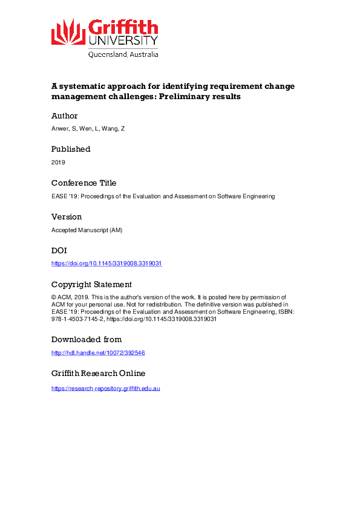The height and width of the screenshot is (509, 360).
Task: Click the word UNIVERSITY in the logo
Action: click(x=123, y=41)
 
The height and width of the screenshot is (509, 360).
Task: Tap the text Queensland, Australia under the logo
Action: click(x=123, y=54)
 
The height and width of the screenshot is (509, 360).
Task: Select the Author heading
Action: click(x=64, y=115)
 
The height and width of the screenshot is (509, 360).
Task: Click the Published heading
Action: click(x=71, y=149)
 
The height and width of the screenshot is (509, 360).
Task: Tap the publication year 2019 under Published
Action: click(x=58, y=162)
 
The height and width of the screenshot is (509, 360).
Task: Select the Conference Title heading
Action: click(x=83, y=183)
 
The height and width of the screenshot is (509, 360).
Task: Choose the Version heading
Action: click(x=67, y=216)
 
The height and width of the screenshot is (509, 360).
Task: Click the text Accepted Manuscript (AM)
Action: click(x=83, y=230)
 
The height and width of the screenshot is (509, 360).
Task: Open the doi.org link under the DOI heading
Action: click(x=106, y=264)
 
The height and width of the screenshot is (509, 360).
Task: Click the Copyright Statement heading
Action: click(x=91, y=284)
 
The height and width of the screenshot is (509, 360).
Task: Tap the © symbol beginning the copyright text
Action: click(x=54, y=297)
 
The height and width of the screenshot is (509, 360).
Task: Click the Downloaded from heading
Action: click(x=86, y=339)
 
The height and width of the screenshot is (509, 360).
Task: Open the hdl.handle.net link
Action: click(x=98, y=352)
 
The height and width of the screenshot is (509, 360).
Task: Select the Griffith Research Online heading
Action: click(x=98, y=373)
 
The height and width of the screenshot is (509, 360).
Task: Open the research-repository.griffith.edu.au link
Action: click(x=105, y=387)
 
